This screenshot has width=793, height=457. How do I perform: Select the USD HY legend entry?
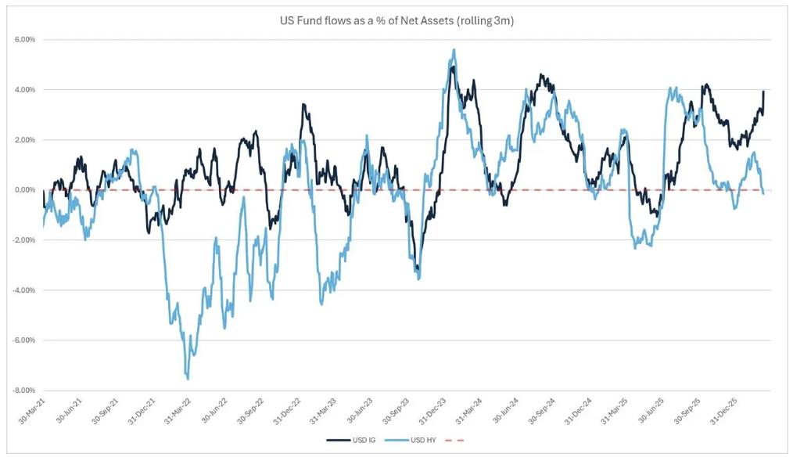tap(421, 441)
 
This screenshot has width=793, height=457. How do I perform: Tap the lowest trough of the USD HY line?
tap(188, 379)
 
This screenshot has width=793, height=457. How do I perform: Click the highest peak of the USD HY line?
tap(454, 50)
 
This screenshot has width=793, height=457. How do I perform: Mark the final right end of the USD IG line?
tap(763, 92)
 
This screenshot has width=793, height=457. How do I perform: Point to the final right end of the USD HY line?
tap(763, 193)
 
